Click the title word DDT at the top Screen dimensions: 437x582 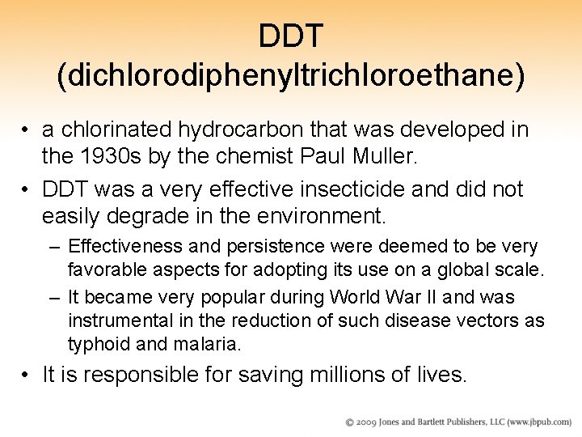(291, 36)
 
